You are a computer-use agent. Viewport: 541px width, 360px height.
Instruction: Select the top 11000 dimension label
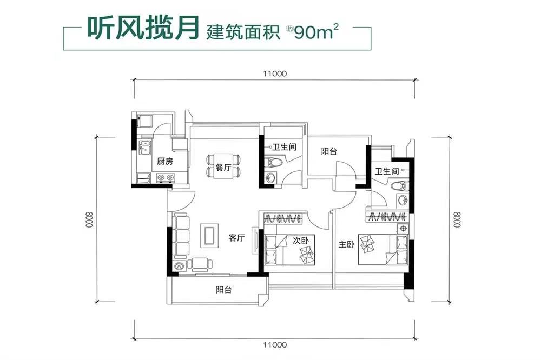tap(274, 74)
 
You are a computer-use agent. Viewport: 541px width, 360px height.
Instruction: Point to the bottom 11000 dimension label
tap(274, 343)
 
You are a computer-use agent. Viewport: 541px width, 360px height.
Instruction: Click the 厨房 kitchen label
tap(164, 161)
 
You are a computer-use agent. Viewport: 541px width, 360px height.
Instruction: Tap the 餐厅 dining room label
tap(223, 168)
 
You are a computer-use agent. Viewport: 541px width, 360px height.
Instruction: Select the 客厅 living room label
tap(236, 237)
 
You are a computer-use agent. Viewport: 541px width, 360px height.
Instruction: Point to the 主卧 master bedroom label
tap(346, 244)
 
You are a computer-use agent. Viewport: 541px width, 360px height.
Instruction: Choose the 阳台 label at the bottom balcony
tap(223, 290)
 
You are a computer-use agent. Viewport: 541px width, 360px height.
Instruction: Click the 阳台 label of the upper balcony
tap(329, 152)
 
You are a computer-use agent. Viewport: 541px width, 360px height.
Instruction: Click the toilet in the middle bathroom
tap(274, 162)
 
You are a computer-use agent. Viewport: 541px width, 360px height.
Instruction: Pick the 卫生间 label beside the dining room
tap(283, 146)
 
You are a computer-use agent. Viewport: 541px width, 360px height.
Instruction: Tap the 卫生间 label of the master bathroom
tap(387, 171)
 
